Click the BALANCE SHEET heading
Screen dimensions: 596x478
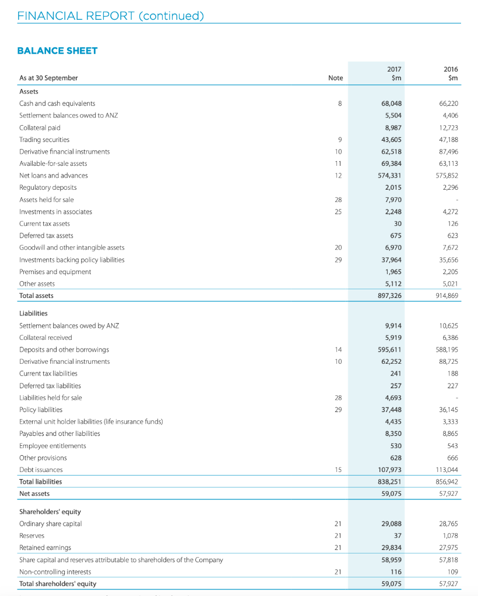58,51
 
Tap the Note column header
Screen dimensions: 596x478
335,78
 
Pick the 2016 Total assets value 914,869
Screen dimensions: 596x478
446,296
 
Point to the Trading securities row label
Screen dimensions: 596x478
44,140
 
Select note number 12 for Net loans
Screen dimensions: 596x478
338,176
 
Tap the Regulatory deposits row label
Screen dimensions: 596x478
48,187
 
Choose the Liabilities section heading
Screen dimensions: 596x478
34,313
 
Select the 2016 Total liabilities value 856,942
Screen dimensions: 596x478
446,482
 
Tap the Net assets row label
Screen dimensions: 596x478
34,494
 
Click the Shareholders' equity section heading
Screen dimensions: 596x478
50,512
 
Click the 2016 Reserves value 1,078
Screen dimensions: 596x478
448,535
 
